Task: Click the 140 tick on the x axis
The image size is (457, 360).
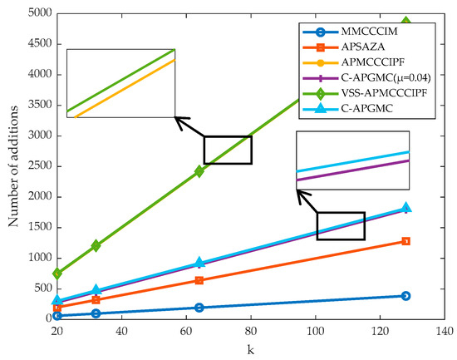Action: (444, 331)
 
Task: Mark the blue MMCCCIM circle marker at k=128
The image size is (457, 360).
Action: (405, 295)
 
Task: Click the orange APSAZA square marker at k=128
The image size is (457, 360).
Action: (405, 241)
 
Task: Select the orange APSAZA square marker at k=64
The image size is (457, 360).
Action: (199, 280)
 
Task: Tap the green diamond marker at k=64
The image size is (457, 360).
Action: (199, 171)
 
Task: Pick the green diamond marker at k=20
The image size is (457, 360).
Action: (57, 273)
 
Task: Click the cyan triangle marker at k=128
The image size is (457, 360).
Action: (405, 207)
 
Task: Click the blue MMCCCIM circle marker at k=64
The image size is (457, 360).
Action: (199, 308)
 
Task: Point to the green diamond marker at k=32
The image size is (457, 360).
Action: (96, 245)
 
